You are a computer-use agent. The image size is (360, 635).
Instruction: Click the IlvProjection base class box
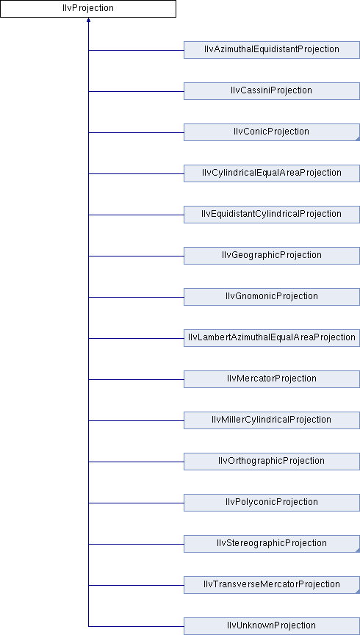click(x=88, y=9)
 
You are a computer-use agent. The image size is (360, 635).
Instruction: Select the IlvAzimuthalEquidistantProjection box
click(x=272, y=50)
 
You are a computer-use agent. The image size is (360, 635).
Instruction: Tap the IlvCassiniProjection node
click(x=272, y=91)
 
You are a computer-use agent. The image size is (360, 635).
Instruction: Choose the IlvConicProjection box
click(x=272, y=132)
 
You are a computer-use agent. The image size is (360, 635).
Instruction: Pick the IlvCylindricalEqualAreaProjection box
click(x=272, y=173)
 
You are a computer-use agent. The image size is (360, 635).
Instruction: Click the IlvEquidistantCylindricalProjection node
click(x=272, y=214)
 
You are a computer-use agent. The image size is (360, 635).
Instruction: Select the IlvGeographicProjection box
click(x=272, y=256)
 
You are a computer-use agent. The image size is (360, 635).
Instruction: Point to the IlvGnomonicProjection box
click(x=272, y=297)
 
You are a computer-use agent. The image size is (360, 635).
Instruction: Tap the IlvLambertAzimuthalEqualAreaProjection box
click(x=272, y=338)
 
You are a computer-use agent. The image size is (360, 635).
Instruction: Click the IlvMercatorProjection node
click(x=272, y=379)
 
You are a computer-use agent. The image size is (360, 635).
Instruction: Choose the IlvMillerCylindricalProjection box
click(x=272, y=420)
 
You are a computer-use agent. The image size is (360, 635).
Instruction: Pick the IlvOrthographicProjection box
click(x=272, y=462)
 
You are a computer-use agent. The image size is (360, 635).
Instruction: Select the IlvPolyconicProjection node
click(x=272, y=503)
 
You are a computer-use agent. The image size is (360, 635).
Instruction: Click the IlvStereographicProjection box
click(x=272, y=543)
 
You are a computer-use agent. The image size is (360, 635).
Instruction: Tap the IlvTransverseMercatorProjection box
click(x=272, y=585)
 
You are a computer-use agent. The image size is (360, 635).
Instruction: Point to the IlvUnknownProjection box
click(x=272, y=626)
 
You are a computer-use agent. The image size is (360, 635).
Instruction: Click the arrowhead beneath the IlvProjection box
click(x=88, y=20)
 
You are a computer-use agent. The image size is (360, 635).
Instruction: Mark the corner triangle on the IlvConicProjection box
click(x=358, y=139)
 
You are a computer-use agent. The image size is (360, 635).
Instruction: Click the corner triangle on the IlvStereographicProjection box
click(x=358, y=550)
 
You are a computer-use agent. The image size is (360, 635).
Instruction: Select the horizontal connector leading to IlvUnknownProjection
click(x=136, y=626)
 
